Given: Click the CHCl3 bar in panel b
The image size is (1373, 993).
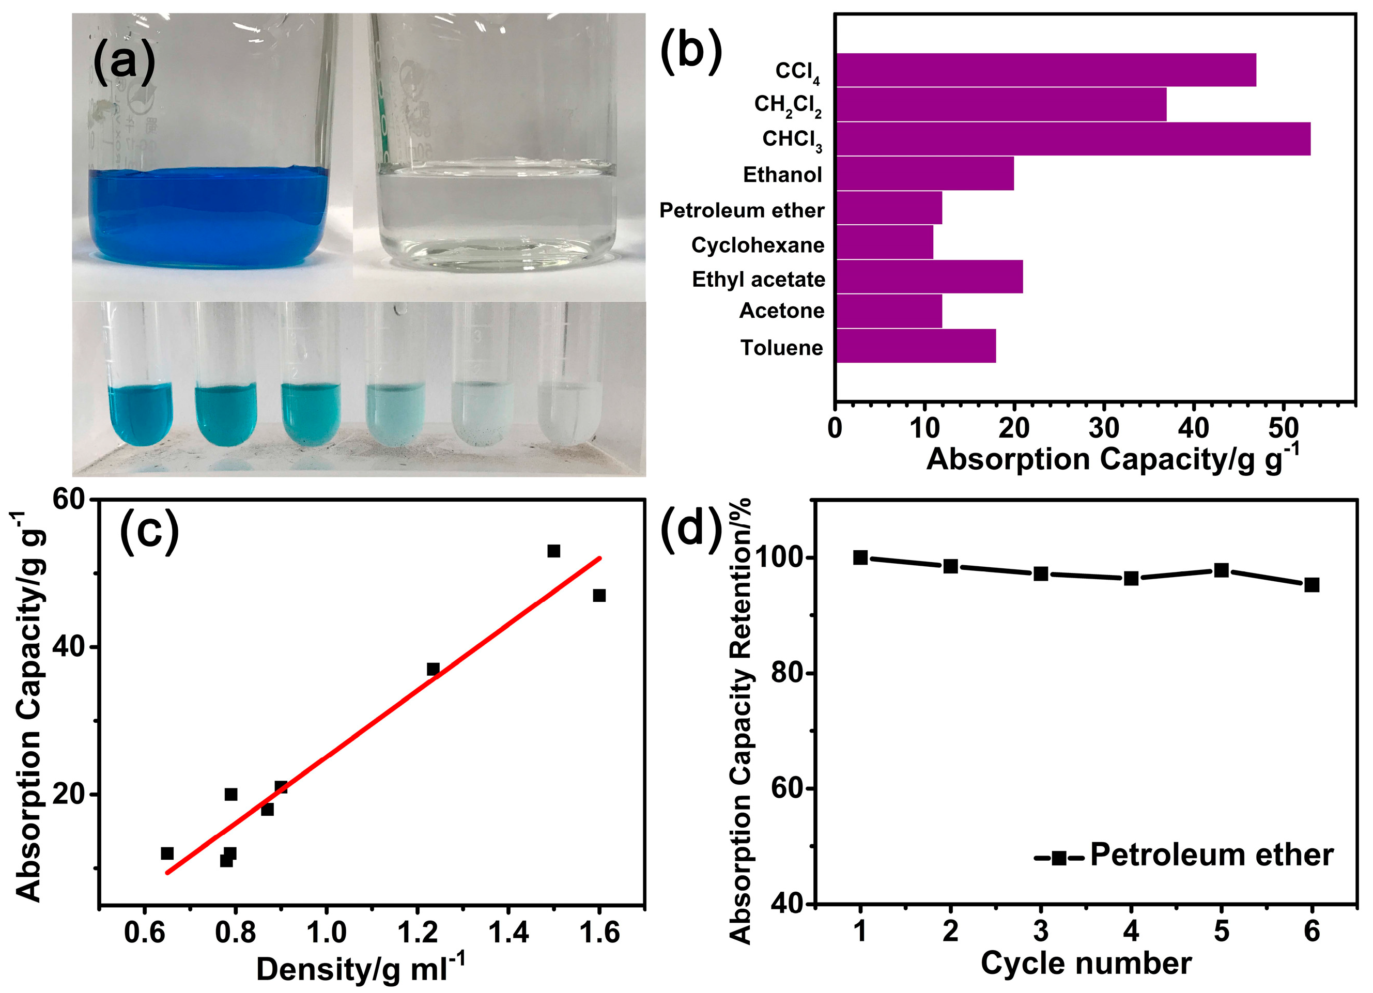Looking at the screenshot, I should (1072, 139).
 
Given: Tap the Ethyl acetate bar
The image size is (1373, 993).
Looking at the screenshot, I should (929, 277).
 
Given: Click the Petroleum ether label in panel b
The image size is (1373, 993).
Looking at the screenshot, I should (742, 211).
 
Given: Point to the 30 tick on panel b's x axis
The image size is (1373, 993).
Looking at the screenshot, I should (1104, 428).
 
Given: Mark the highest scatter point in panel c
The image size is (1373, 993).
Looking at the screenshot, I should (553, 551).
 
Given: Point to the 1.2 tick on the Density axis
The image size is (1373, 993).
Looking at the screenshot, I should (418, 933).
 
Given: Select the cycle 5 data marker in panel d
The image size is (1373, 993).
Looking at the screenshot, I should (1221, 570).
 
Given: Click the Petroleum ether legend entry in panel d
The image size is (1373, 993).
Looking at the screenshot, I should (1183, 856).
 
